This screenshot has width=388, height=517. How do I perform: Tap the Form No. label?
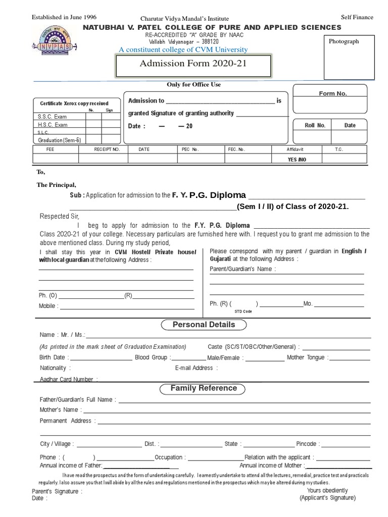333,94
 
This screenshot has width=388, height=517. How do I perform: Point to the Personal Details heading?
204,325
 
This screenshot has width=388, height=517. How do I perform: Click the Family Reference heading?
203,388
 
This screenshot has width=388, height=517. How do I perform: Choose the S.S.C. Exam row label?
53,116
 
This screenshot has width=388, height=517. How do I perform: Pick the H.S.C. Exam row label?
53,125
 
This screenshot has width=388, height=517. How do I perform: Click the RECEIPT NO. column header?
107,149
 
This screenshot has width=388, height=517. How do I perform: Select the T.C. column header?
338,149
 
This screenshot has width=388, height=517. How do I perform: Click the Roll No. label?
315,125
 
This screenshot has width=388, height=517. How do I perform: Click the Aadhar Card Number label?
66,379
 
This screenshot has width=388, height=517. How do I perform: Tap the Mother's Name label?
59,410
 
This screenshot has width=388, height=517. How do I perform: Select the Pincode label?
306,444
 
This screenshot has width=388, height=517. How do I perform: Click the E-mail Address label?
194,368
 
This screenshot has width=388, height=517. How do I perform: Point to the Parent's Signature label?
57,491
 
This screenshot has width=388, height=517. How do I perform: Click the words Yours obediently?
327,490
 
